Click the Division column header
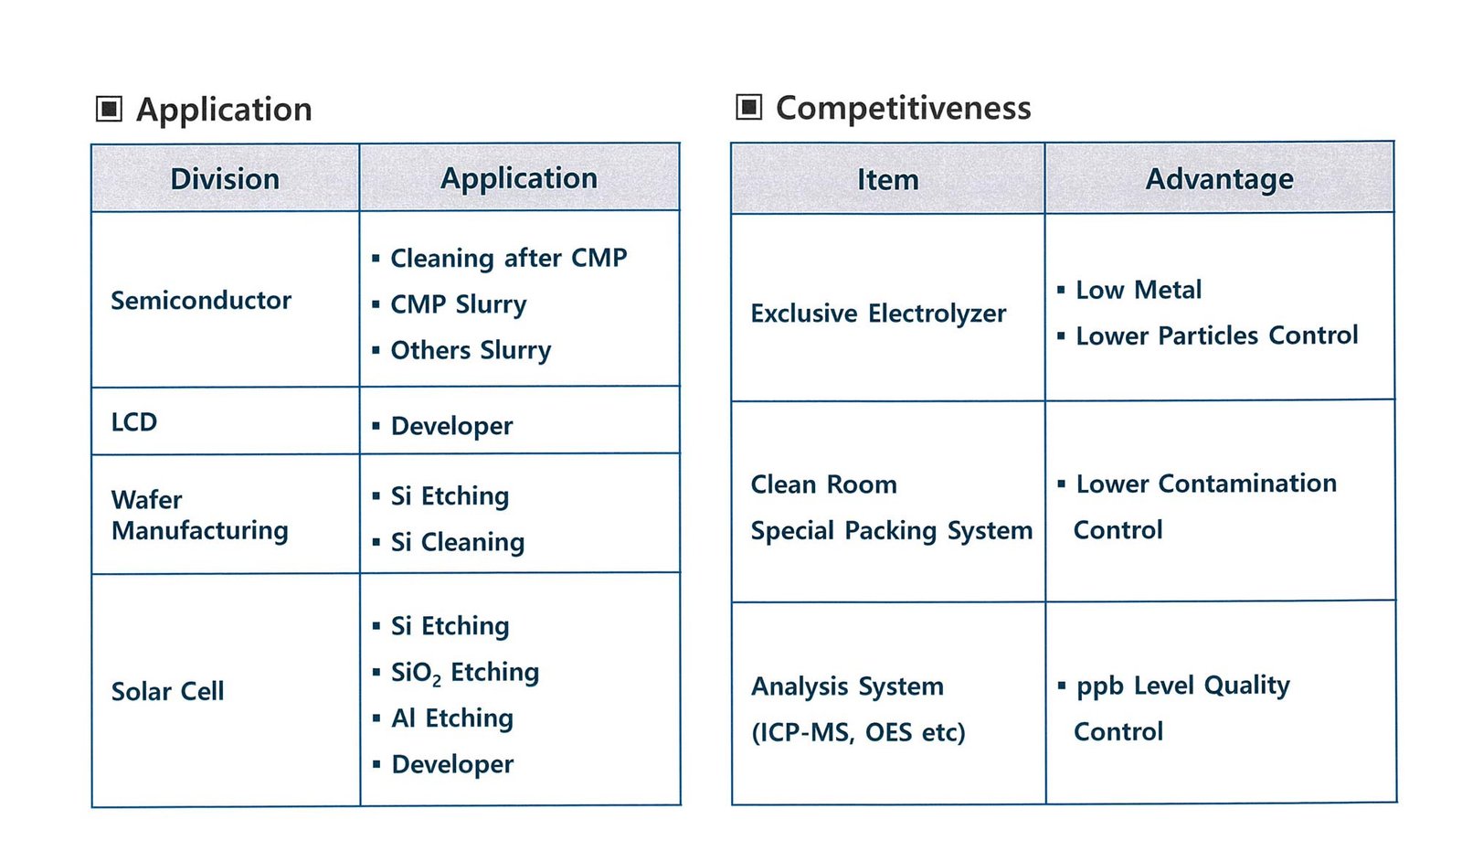(x=225, y=179)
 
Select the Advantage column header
(x=1219, y=179)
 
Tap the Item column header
(x=887, y=179)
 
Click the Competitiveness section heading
(x=904, y=108)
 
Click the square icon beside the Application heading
(x=109, y=109)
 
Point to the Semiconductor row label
(x=201, y=301)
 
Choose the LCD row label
(x=133, y=422)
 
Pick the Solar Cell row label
(x=167, y=691)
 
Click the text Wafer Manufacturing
(x=200, y=516)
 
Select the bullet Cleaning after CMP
(x=508, y=258)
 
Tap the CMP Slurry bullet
(x=458, y=304)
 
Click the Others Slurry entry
(x=471, y=351)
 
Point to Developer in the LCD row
(x=451, y=426)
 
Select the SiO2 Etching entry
(x=465, y=673)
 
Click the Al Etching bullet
(x=451, y=718)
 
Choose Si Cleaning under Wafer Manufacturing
(x=457, y=542)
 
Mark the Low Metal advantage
(x=1139, y=290)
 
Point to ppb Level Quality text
(x=1182, y=686)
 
